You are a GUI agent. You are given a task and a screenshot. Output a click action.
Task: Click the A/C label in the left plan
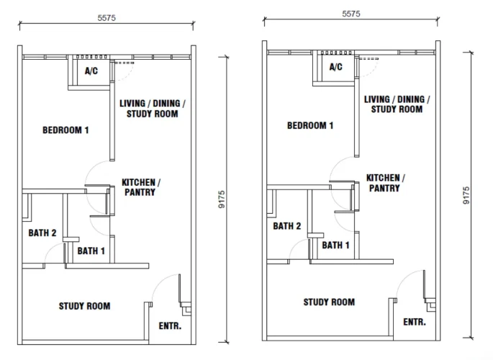tap(91, 71)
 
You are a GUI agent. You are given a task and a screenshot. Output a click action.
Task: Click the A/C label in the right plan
tap(336, 67)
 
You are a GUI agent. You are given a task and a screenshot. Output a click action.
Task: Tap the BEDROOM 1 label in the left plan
tap(65, 130)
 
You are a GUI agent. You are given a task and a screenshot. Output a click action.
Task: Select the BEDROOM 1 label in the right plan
tap(310, 125)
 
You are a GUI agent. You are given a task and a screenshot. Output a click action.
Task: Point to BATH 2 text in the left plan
tap(42, 233)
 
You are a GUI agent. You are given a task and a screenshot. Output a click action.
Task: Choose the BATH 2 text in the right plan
tap(287, 226)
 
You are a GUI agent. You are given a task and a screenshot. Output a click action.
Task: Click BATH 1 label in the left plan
tap(91, 251)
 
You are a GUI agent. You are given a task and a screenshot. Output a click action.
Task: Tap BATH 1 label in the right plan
tap(336, 246)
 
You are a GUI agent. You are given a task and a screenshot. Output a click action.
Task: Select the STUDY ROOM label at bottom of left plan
tap(85, 306)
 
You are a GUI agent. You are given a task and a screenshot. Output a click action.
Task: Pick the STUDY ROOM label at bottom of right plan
tap(329, 302)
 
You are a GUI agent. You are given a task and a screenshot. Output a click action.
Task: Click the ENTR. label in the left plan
tap(170, 326)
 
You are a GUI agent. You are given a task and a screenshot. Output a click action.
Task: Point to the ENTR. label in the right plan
tap(415, 322)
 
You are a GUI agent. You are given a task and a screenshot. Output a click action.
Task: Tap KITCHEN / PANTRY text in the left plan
tap(141, 187)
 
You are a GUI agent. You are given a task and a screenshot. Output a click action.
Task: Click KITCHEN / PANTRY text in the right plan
tap(386, 183)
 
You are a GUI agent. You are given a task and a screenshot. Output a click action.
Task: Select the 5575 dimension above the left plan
tap(107, 18)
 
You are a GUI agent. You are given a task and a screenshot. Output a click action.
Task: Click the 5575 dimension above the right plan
tap(351, 14)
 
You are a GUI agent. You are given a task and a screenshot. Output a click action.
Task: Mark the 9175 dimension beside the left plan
tap(222, 199)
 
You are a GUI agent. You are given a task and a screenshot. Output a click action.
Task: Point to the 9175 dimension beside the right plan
tap(466, 195)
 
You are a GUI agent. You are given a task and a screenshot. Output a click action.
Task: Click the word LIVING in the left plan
tap(132, 104)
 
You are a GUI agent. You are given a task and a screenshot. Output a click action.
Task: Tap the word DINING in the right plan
tap(411, 99)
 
